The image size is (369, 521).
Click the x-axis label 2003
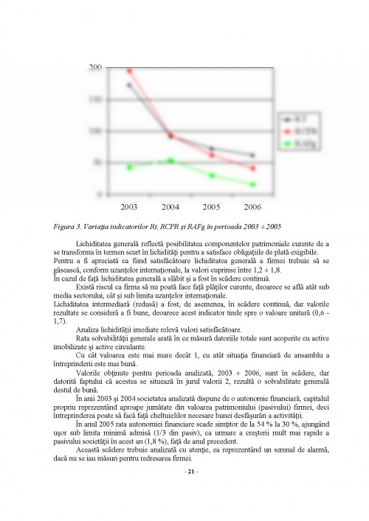pos(129,208)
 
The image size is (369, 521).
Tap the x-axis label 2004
pos(170,208)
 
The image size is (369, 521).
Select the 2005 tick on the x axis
pos(212,208)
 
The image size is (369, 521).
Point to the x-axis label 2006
pos(253,208)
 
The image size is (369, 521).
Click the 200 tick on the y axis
pos(95,68)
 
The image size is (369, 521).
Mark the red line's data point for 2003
pos(130,71)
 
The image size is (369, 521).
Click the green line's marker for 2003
pos(130,167)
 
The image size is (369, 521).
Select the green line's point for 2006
pos(253,184)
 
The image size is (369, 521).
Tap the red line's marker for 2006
pos(253,169)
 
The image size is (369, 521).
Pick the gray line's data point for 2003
pos(130,85)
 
